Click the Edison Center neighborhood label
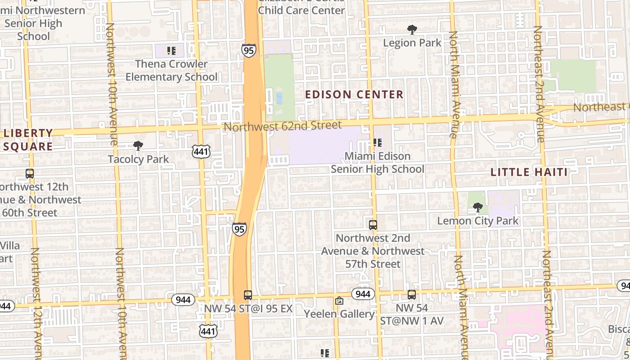354,94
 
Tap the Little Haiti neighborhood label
529,172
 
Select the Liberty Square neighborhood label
28,139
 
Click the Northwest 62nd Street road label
283,126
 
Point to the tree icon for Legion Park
412,30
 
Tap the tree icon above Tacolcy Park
138,146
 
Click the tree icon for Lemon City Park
477,207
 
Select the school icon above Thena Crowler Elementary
171,51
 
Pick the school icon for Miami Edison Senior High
378,143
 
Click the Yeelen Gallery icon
339,301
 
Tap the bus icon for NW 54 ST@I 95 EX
248,295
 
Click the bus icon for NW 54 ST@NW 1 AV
412,295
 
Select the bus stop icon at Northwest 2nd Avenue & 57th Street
373,225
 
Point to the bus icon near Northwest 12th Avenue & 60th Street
30,174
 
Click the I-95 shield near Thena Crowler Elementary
248,50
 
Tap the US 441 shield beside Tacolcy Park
200,152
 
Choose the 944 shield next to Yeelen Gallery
363,294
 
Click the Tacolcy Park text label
138,159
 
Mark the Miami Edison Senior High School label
378,162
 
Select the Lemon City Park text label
478,221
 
